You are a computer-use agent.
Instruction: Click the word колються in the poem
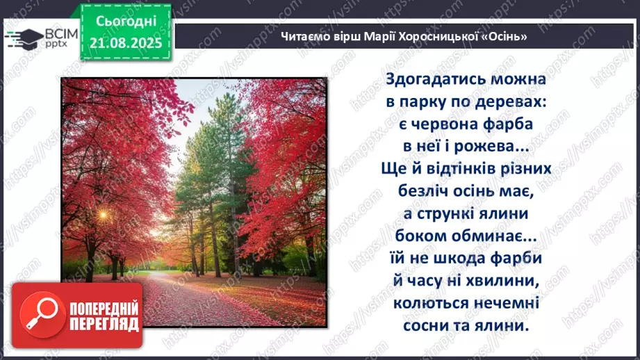click(430, 302)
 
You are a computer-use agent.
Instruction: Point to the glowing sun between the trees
click(103, 216)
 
